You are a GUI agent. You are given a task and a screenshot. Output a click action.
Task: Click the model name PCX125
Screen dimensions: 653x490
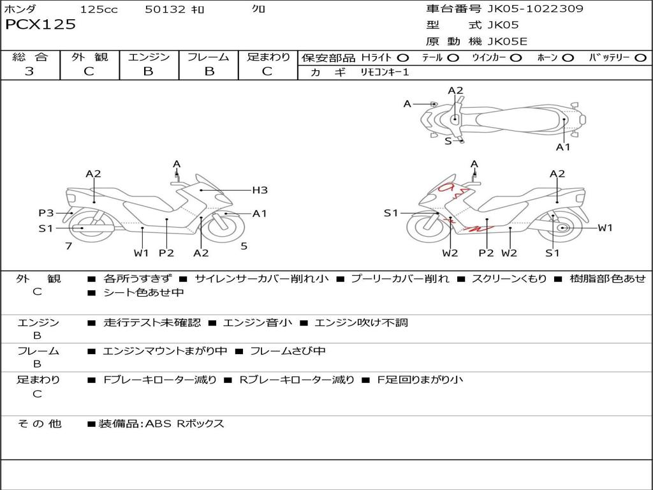[41, 25]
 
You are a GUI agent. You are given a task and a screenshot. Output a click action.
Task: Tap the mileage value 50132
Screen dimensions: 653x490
[165, 10]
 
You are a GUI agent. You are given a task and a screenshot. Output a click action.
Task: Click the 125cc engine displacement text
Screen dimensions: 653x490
[98, 10]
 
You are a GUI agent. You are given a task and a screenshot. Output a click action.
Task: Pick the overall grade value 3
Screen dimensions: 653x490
[29, 71]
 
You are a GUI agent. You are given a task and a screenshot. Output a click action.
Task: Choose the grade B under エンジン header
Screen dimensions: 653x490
[148, 71]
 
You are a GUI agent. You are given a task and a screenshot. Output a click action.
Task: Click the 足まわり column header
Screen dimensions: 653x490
[268, 57]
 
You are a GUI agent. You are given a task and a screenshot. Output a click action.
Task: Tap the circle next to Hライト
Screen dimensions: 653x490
[403, 58]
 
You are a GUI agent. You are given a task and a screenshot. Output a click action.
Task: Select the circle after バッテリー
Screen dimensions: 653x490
[640, 58]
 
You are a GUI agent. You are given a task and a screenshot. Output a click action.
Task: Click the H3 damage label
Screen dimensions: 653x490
[260, 190]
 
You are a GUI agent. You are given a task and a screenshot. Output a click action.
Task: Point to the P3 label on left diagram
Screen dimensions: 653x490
[46, 213]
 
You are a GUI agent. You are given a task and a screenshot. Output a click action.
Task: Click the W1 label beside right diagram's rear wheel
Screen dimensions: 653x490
[605, 228]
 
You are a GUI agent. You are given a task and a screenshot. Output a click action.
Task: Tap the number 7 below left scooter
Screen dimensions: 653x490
[68, 246]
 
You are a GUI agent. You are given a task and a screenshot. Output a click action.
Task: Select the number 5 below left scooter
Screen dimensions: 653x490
[244, 246]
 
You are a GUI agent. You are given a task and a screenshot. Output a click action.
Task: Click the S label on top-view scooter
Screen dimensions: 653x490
[448, 141]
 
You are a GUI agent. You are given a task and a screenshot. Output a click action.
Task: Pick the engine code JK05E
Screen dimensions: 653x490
[508, 42]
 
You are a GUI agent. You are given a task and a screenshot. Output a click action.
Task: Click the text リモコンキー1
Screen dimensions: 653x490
[385, 72]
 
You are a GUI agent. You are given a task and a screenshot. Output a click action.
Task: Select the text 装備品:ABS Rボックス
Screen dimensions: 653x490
[161, 424]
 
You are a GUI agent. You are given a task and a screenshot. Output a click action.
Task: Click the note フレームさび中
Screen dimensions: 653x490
[288, 351]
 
